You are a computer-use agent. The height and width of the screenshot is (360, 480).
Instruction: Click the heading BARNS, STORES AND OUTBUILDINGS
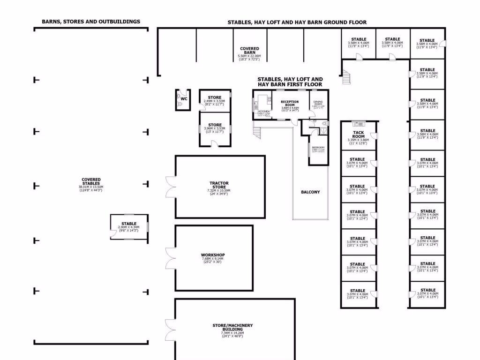coord(91,22)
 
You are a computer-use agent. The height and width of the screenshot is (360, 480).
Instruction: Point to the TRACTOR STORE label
coord(219,185)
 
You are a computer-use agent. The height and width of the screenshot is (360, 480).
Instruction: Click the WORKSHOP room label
coord(213,255)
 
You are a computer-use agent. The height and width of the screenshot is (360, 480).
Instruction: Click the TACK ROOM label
coord(359,134)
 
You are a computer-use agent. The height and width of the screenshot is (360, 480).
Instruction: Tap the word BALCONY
coord(310,192)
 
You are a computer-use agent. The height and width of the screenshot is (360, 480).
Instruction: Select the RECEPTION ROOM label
coord(290,104)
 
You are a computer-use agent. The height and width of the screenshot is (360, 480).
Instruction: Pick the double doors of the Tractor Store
coord(170,187)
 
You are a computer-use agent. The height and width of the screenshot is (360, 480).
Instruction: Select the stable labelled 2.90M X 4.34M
coord(129,227)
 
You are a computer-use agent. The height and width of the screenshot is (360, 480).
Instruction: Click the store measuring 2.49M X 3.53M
coord(215,100)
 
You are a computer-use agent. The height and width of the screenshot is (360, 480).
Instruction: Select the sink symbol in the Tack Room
coord(359,124)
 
